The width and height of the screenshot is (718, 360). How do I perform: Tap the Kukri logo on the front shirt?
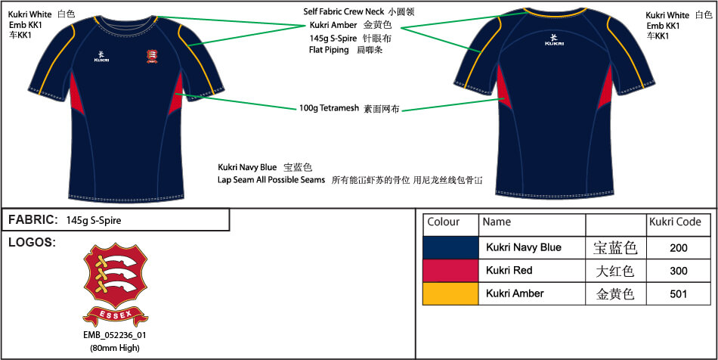point(102,55)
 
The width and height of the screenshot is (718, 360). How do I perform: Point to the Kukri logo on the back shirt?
point(554,39)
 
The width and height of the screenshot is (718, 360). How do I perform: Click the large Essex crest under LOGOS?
point(116,284)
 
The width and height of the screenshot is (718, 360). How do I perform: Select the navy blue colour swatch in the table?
point(450,247)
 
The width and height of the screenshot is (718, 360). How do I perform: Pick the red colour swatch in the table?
point(450,270)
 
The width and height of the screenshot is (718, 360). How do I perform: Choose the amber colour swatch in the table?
point(450,293)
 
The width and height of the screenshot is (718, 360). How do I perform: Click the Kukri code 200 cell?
point(679,247)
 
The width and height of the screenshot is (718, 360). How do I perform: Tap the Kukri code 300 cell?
point(679,270)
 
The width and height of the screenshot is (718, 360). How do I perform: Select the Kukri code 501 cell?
point(679,293)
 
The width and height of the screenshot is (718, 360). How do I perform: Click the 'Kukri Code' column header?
point(675,222)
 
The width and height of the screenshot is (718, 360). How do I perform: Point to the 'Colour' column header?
point(444,222)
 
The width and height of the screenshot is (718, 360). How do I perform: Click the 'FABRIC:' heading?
point(33,220)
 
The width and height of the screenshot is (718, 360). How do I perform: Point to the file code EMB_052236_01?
point(115,336)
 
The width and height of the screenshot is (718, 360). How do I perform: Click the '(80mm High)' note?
point(115,347)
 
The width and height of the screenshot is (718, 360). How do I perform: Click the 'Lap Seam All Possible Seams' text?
point(271,180)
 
